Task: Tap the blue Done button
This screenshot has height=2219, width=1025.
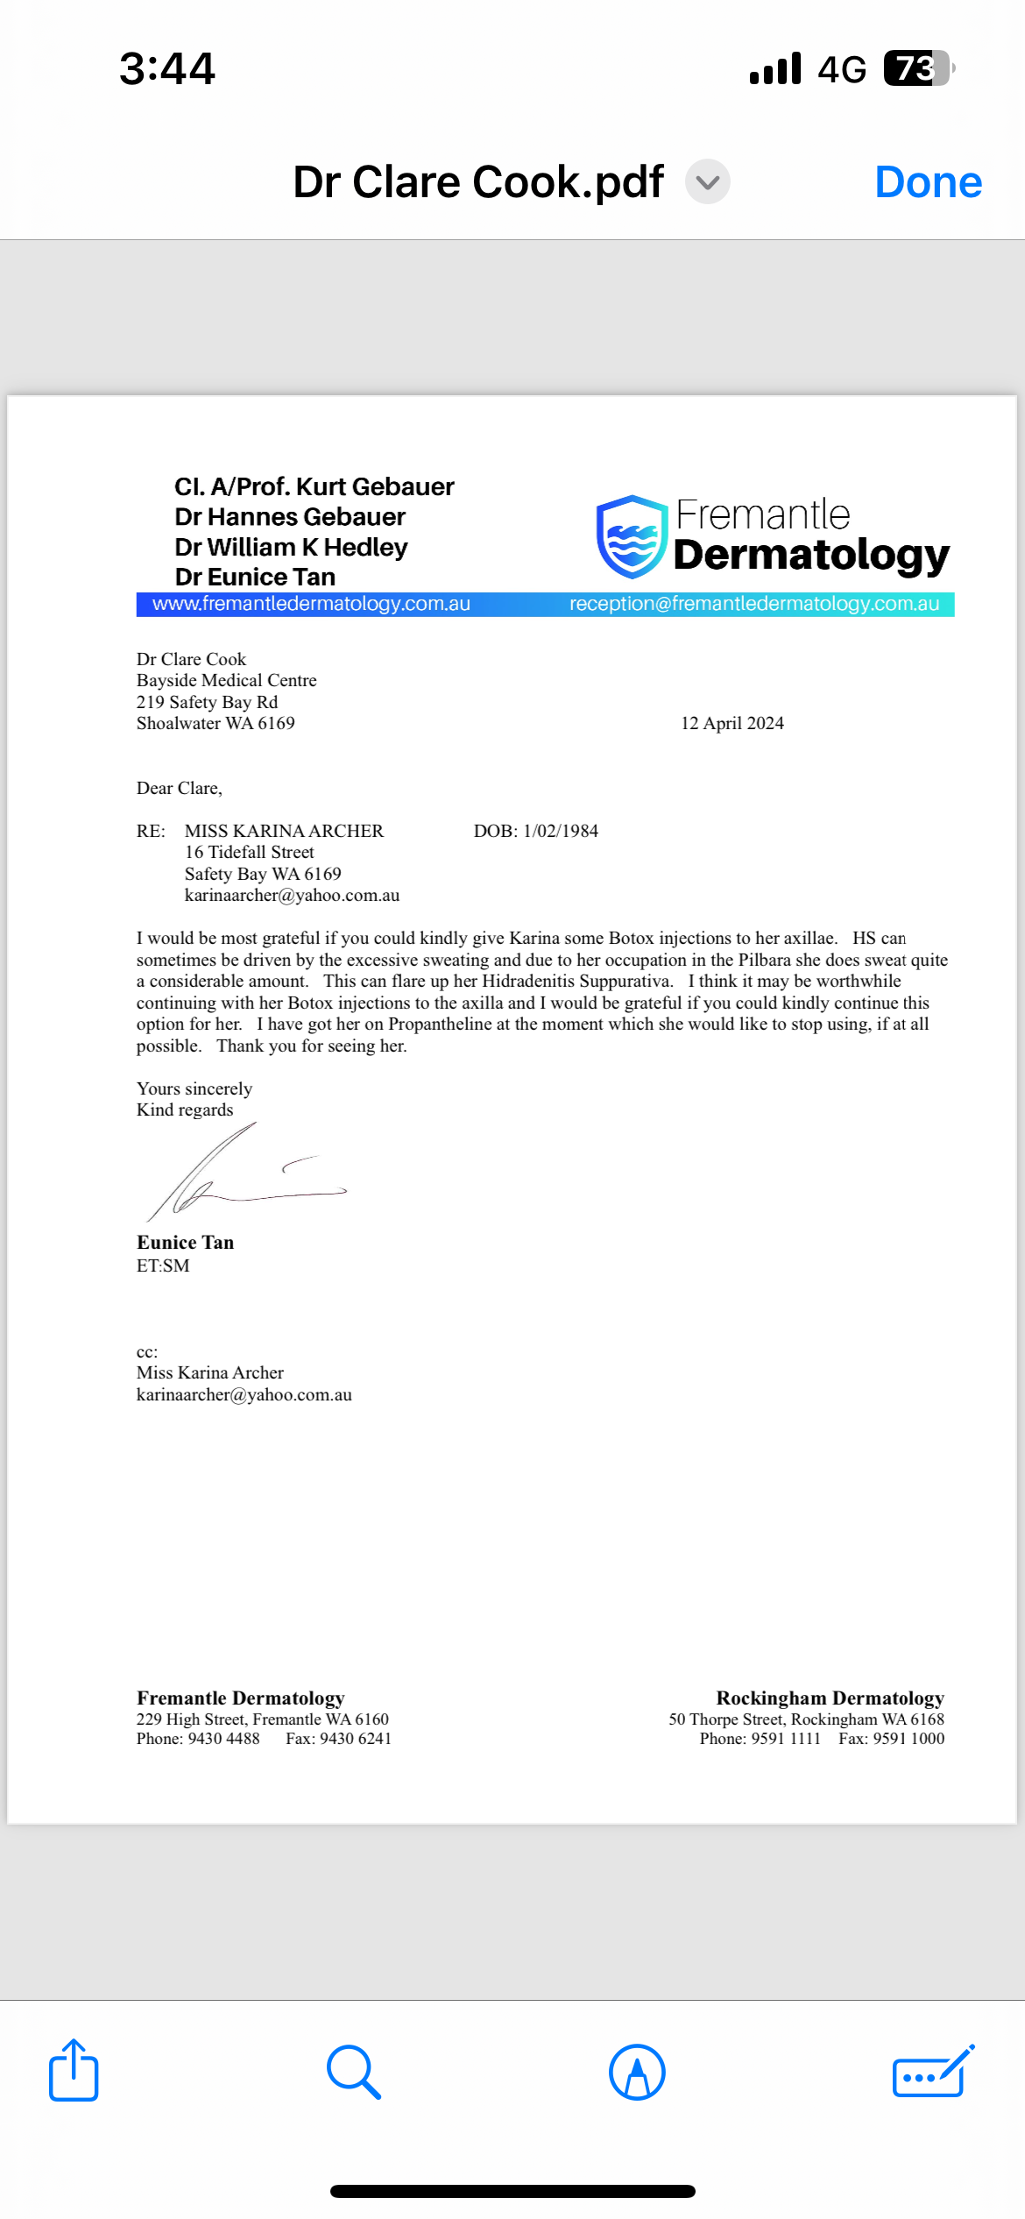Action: click(x=928, y=182)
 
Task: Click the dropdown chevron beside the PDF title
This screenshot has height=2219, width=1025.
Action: click(x=707, y=182)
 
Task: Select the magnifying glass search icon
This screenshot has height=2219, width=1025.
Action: click(x=353, y=2072)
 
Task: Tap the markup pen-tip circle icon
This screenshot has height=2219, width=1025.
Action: click(x=637, y=2072)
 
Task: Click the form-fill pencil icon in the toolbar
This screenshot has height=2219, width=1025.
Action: click(x=932, y=2072)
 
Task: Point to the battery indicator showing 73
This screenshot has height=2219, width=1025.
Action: click(x=916, y=68)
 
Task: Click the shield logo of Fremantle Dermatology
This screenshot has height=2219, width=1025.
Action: click(x=632, y=537)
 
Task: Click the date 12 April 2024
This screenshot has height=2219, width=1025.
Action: click(x=732, y=723)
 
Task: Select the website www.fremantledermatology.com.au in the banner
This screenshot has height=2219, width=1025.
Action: click(x=311, y=604)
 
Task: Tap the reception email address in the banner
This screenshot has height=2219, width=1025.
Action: click(x=753, y=604)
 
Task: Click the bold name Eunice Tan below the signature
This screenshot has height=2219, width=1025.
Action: click(x=185, y=1242)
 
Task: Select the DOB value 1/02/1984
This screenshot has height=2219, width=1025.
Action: click(x=561, y=831)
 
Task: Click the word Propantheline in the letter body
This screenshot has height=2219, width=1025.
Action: click(x=441, y=1024)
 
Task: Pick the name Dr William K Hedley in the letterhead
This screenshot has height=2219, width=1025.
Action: click(x=291, y=547)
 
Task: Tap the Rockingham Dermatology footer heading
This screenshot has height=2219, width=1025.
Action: click(x=830, y=1698)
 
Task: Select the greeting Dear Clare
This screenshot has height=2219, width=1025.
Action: click(x=179, y=788)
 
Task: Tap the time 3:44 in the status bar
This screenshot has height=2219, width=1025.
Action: click(x=166, y=68)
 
